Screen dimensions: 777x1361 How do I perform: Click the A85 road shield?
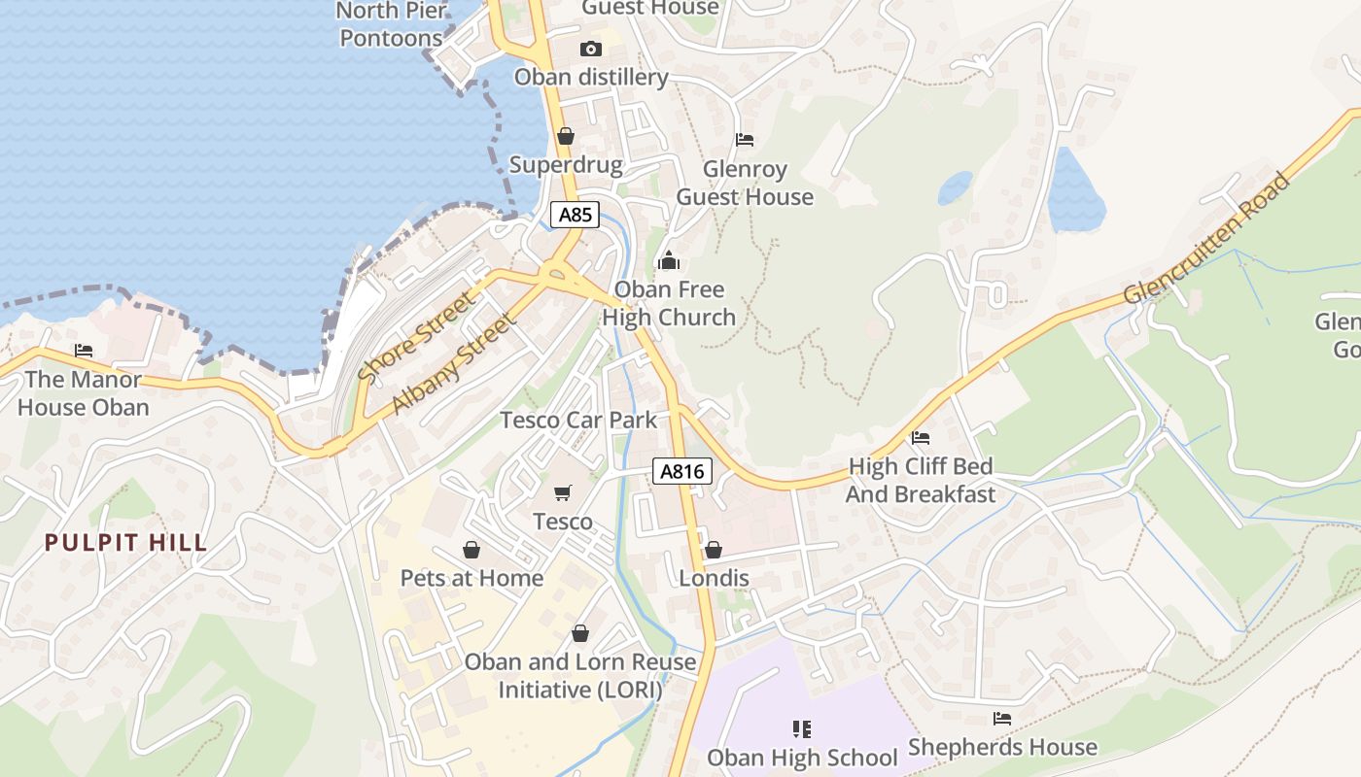point(575,215)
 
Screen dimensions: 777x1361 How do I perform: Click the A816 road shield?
point(682,472)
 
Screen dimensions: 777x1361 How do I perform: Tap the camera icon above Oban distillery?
point(590,49)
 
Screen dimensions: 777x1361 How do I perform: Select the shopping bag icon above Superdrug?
point(565,136)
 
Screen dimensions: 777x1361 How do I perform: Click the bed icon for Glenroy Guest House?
point(745,140)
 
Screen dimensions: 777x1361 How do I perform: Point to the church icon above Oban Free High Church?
point(669,260)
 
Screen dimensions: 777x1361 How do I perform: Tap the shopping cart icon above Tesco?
point(562,493)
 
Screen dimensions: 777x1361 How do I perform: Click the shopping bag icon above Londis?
point(714,550)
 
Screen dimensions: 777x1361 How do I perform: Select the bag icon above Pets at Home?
point(471,550)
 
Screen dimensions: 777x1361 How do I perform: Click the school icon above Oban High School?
point(802,728)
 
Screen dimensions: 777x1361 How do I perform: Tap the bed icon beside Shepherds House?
point(1002,719)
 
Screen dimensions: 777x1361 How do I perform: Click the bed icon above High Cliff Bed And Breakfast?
point(921,438)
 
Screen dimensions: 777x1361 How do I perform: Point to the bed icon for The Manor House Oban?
point(84,351)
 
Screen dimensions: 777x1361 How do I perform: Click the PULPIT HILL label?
point(126,542)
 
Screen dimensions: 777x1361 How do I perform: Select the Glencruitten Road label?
point(1207,239)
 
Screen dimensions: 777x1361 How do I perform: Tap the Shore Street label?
point(417,336)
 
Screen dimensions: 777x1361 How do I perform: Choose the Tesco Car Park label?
point(578,420)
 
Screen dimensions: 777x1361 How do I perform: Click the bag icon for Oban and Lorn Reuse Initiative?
point(580,633)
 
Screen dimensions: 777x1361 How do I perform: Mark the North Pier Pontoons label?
point(392,24)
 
